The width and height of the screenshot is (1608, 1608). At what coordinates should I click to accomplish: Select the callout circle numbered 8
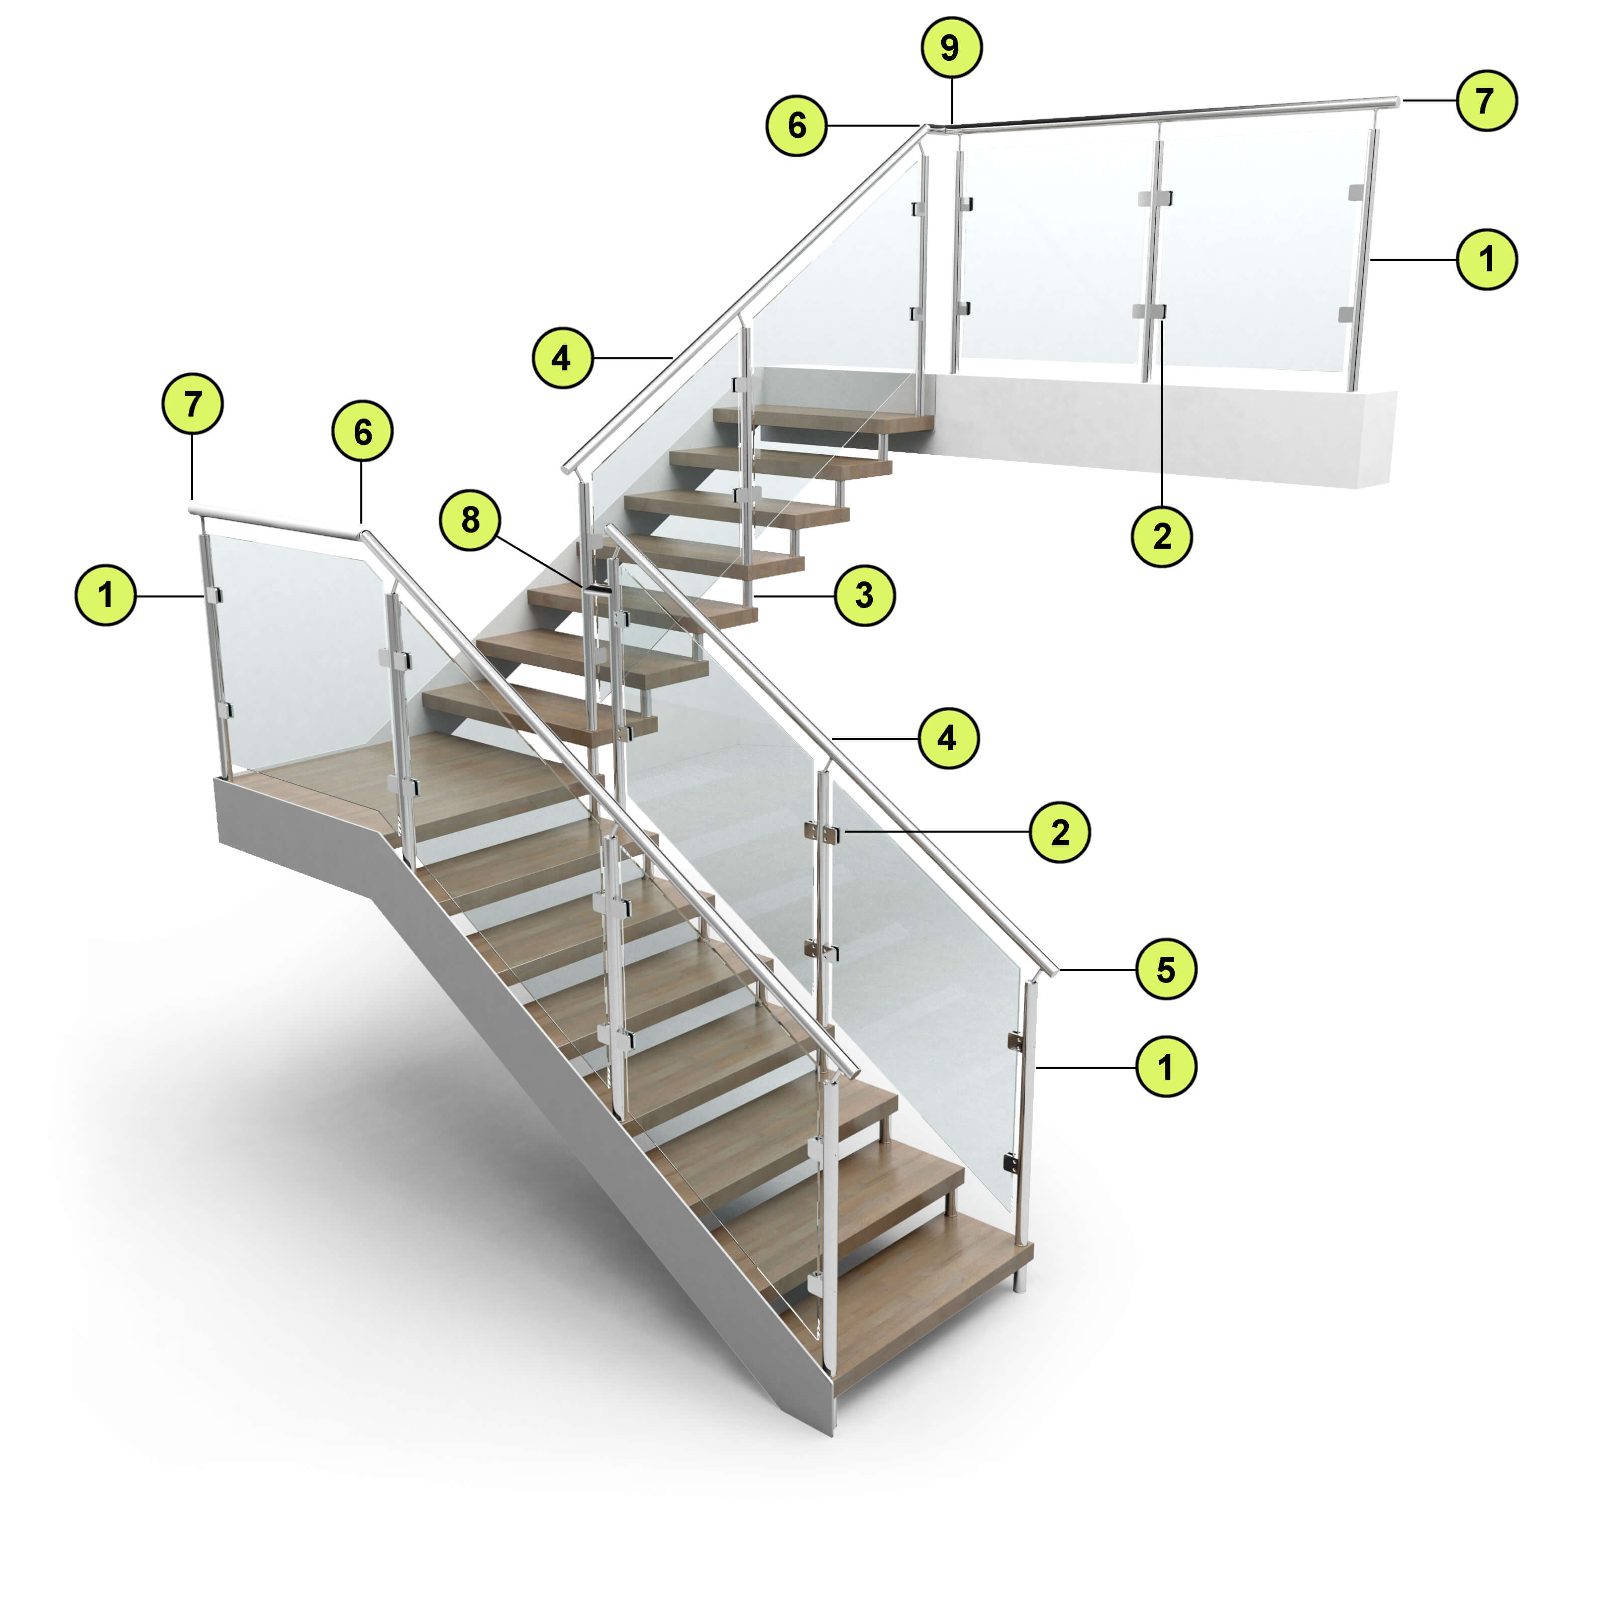pos(470,520)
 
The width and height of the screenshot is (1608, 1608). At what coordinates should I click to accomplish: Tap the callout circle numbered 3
pos(865,596)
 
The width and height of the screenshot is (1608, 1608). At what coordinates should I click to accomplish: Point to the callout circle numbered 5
pos(1166,970)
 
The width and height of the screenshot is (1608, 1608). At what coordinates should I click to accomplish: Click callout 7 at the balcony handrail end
pos(1486,100)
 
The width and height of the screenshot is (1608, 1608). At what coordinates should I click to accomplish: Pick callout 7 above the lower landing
pos(192,405)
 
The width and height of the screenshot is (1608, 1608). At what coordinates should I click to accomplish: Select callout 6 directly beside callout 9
pos(796,126)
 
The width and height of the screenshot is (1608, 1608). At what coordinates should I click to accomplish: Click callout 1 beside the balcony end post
pos(1486,260)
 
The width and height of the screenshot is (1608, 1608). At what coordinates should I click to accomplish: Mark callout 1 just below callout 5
pos(1166,1066)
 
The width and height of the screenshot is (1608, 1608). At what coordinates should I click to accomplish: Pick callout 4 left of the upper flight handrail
pos(563,358)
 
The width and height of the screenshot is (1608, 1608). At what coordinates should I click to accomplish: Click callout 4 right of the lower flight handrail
pos(948,738)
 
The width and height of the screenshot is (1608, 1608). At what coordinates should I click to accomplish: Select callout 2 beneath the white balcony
pos(1162,537)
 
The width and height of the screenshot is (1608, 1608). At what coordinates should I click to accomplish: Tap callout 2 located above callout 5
pos(1059,832)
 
